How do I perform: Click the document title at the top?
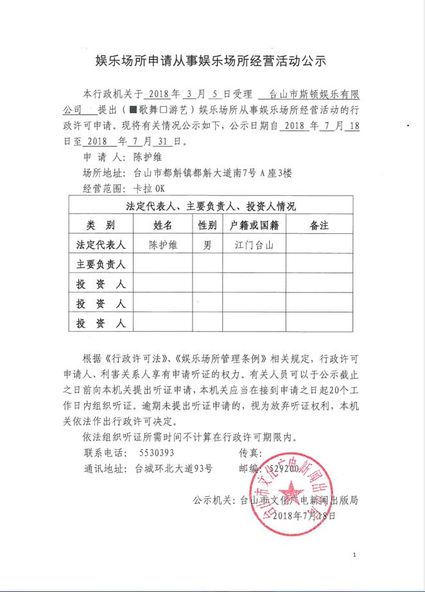point(212,61)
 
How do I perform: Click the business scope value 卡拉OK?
point(149,188)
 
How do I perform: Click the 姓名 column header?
point(163,226)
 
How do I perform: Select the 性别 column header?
point(206,226)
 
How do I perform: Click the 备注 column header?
point(318,226)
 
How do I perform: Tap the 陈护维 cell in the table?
point(163,245)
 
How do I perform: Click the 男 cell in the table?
point(206,245)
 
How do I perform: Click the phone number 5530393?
point(157,453)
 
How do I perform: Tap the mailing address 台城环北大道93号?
point(173,469)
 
